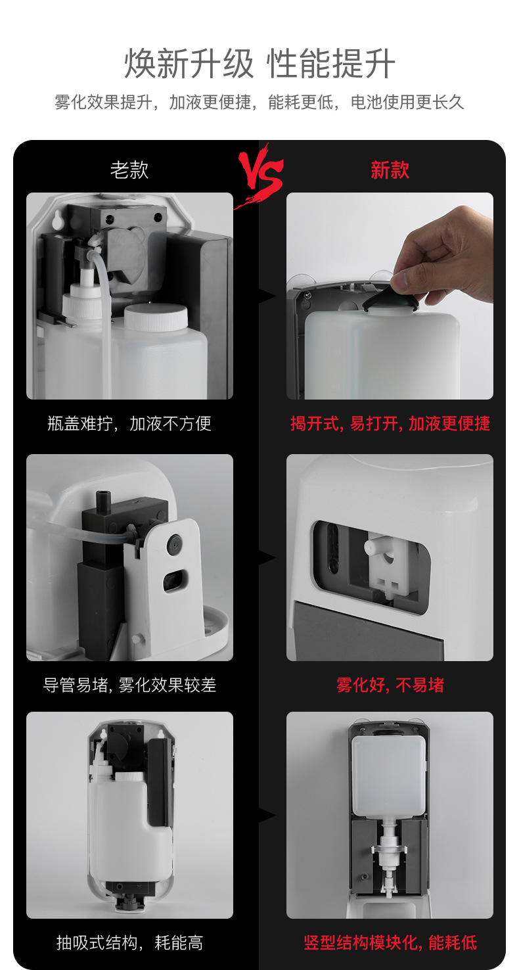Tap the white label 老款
(x=129, y=170)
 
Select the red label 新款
(x=390, y=170)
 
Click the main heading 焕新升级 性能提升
(x=259, y=64)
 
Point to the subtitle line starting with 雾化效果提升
(x=259, y=103)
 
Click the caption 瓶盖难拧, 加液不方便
(x=129, y=423)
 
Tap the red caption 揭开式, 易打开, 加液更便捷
(x=390, y=423)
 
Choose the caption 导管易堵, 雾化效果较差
(x=129, y=685)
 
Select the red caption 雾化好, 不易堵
(x=390, y=685)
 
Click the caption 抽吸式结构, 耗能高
(x=129, y=942)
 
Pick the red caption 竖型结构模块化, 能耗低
(x=390, y=942)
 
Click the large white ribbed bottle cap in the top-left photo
(x=156, y=317)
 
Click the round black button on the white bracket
(x=175, y=542)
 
